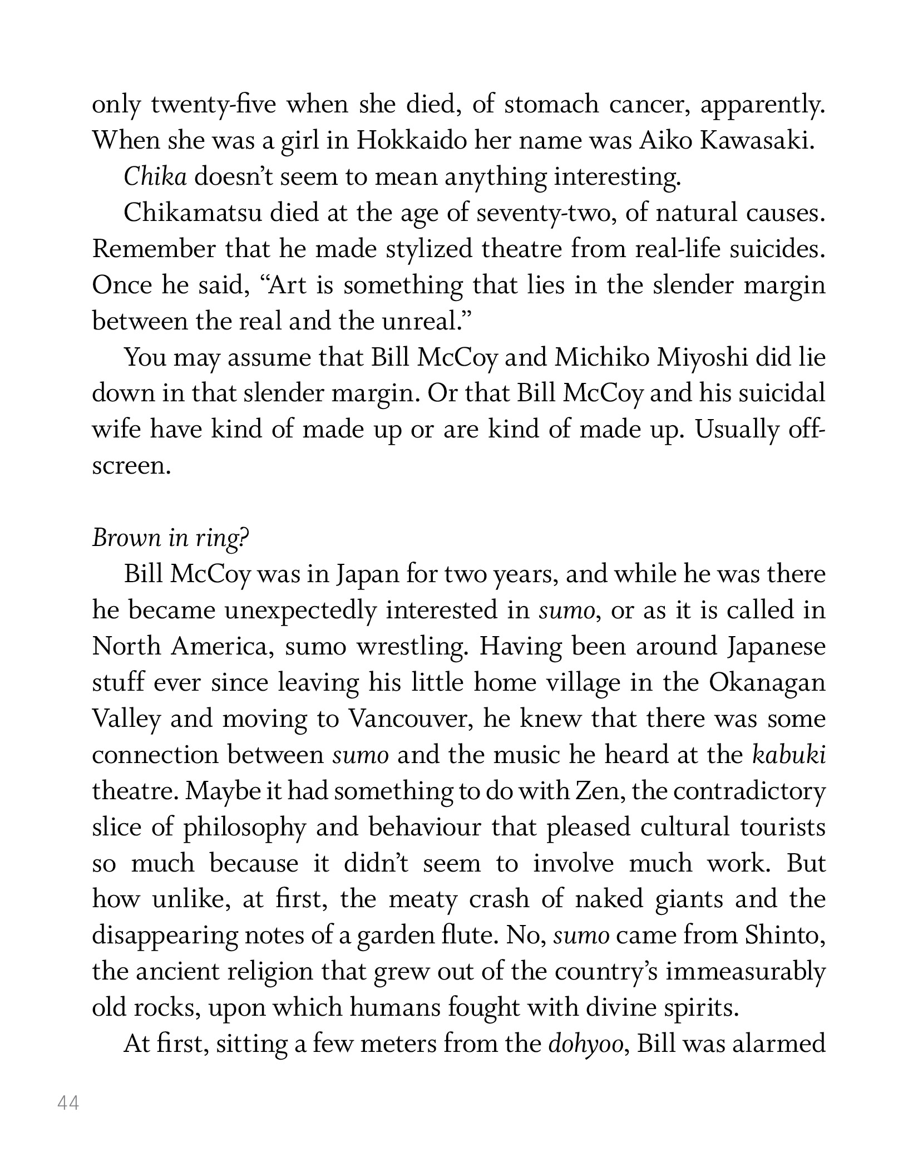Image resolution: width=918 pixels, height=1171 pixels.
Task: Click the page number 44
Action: pyautogui.click(x=68, y=1103)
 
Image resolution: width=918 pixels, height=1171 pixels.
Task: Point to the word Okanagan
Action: pyautogui.click(x=768, y=683)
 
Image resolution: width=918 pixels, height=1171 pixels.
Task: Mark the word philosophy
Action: pyautogui.click(x=245, y=828)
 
